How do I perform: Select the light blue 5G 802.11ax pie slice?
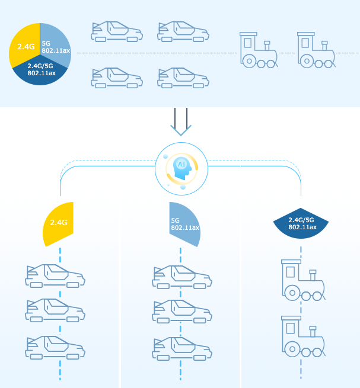[55, 43]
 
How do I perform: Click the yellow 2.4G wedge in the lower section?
[59, 223]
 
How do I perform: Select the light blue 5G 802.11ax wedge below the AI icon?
[184, 224]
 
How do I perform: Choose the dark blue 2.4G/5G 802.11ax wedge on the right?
[301, 224]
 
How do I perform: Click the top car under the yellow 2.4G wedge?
[55, 275]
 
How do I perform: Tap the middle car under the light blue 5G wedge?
[181, 312]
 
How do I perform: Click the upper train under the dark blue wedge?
[302, 280]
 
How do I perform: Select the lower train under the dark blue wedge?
[302, 336]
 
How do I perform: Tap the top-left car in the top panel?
[117, 31]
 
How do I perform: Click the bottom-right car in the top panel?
[183, 78]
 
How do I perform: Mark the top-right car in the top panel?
[183, 31]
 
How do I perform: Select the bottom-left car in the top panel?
[117, 78]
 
